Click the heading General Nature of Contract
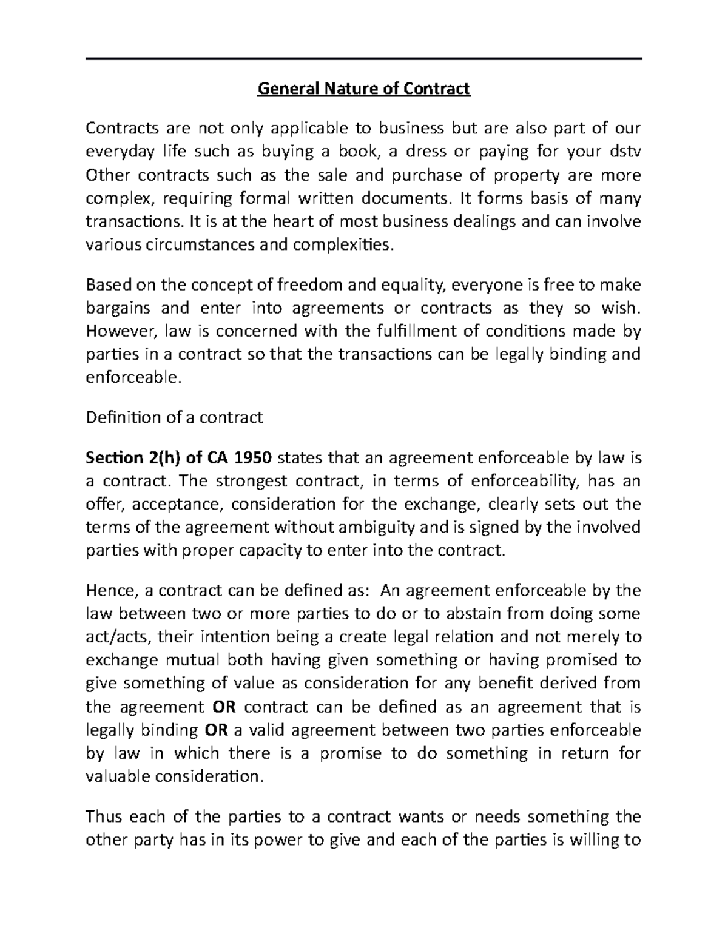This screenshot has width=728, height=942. coord(364,90)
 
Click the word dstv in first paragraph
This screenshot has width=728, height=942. coord(626,152)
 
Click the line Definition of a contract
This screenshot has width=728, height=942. coord(175,417)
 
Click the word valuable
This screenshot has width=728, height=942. coord(120,776)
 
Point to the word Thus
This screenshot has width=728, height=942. coord(105,816)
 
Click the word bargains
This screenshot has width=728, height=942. coord(118,308)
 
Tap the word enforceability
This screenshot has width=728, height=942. coord(516,481)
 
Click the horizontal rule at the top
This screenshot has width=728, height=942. coord(364,59)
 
